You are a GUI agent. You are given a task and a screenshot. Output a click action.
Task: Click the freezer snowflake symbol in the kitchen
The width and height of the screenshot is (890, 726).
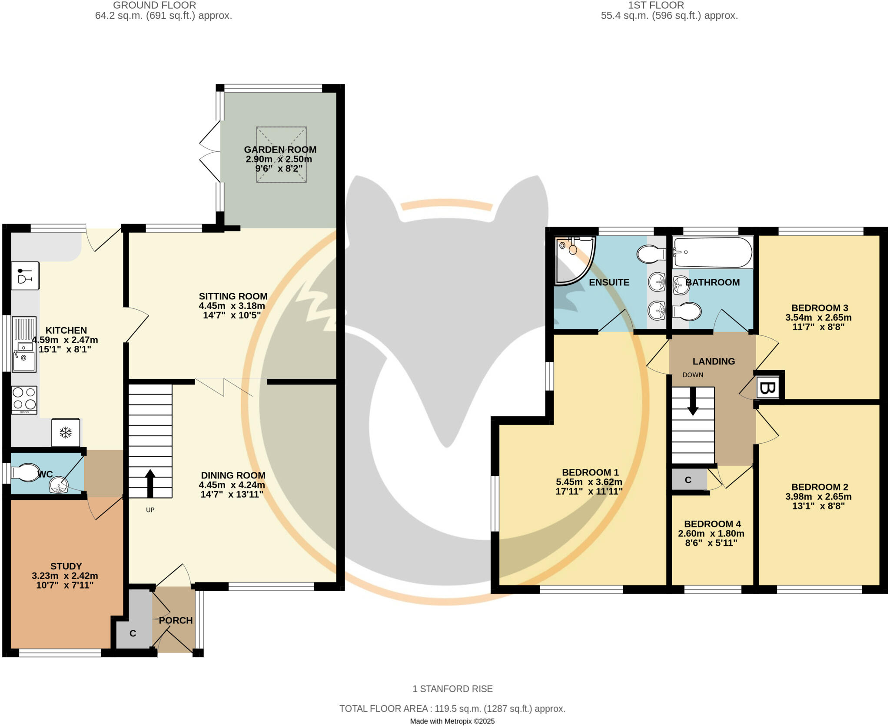coord(66,432)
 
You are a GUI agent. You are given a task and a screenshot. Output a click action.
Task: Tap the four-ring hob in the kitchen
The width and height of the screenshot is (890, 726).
coord(24,400)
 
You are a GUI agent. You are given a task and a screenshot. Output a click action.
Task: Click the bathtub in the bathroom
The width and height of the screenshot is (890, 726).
coord(712,252)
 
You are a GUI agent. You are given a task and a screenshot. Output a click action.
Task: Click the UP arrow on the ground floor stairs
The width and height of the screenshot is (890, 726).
coord(150,483)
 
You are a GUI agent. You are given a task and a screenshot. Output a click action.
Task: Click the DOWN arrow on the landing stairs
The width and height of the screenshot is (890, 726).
coord(693,401)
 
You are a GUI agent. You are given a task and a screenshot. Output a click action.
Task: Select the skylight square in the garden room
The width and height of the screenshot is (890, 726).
coord(281,154)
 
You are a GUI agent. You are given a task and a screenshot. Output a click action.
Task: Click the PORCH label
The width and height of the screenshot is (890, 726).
coord(176,620)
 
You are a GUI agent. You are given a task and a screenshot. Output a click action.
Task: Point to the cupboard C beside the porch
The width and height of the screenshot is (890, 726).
coord(133,633)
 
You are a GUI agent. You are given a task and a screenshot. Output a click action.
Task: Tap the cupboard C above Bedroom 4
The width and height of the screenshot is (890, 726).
coord(688,480)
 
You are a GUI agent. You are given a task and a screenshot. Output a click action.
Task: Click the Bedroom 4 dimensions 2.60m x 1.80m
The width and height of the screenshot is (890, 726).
coord(711,533)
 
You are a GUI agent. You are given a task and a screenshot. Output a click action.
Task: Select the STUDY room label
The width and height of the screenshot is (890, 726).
coord(66,566)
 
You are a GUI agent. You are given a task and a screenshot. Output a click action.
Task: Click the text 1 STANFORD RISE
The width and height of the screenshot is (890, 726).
coord(452,689)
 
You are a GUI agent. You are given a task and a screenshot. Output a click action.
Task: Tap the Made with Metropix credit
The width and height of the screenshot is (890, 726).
coord(452,721)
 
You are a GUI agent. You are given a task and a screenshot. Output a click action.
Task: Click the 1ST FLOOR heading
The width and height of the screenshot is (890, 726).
coord(656,5)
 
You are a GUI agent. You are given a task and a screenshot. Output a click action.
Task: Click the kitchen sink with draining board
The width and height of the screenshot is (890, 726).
coord(24,344)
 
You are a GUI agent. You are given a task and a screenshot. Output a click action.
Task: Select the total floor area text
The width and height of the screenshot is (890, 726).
coord(452,709)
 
